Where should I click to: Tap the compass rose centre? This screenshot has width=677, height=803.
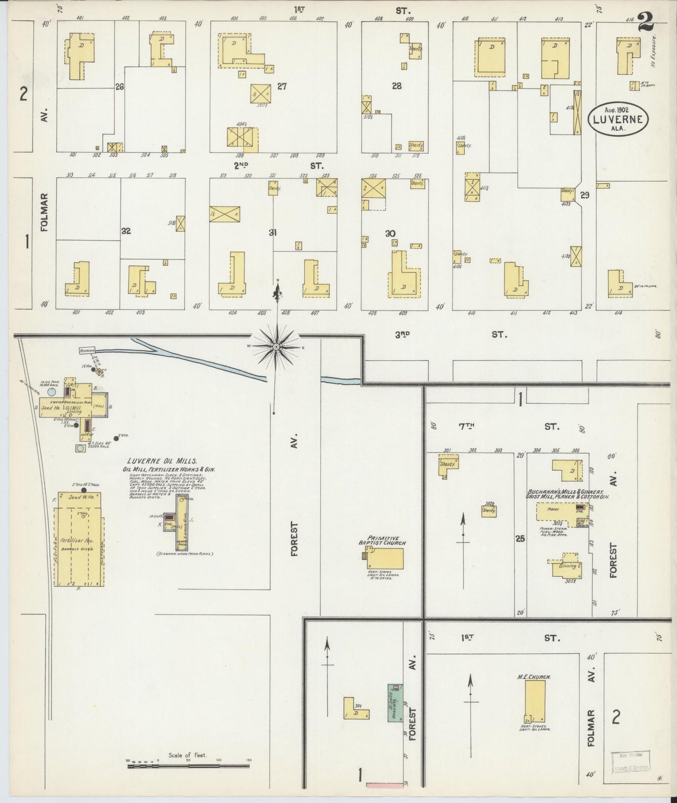click(x=276, y=346)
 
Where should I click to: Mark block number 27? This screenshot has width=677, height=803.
click(x=282, y=86)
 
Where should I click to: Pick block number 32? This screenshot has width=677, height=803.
click(x=126, y=231)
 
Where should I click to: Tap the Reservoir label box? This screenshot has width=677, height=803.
click(x=87, y=350)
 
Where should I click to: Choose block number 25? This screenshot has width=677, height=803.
click(x=520, y=539)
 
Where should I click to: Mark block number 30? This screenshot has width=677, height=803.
click(x=390, y=233)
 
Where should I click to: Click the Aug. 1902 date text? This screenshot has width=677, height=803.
click(x=618, y=110)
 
